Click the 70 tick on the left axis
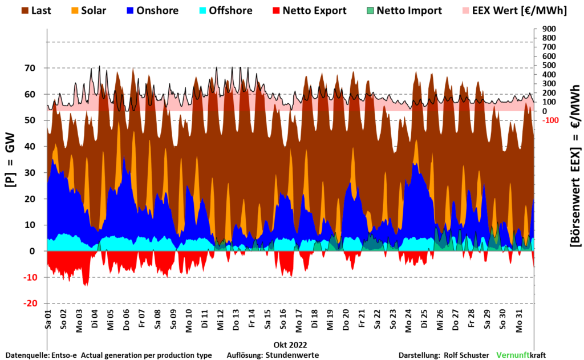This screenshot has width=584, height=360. pyautogui.click(x=30, y=68)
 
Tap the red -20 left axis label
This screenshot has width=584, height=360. pyautogui.click(x=30, y=304)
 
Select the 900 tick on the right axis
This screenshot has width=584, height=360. pyautogui.click(x=548, y=29)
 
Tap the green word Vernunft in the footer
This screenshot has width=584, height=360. pyautogui.click(x=512, y=355)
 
